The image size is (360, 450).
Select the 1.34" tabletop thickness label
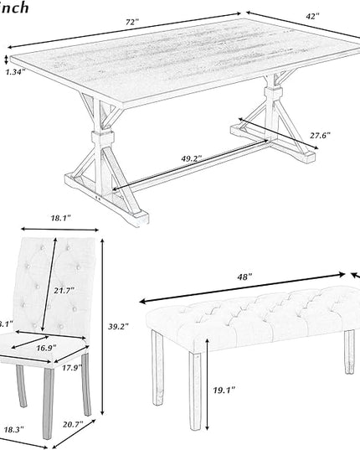[14, 72]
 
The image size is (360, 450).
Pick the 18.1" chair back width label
[59, 218]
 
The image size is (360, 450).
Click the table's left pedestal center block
[104, 135]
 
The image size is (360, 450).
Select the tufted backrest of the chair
[42, 277]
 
